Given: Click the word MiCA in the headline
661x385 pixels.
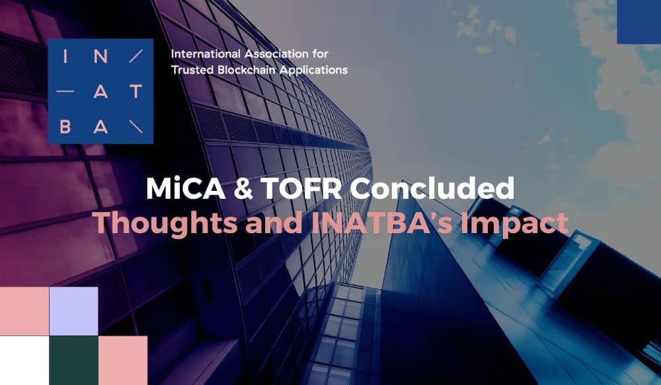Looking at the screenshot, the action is pos(186,188).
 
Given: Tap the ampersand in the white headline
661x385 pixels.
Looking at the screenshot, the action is pos(243,188).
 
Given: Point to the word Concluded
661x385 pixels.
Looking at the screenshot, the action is pos(432,188).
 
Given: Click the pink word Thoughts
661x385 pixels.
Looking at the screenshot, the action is pos(165,224).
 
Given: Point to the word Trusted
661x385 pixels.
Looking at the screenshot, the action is pos(192,70).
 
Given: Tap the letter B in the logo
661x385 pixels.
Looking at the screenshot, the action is pos(65,126).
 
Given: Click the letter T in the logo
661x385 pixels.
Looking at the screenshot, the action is pos(136,91).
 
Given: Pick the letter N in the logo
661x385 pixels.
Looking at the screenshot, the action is pos(100,56).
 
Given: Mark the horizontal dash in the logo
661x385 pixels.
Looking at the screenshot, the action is pos(65,91).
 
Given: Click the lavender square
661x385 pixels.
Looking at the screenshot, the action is pos(74,311).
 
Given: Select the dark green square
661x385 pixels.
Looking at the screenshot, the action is pos(74,360).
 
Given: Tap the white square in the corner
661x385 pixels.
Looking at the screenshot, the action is pos(24,360).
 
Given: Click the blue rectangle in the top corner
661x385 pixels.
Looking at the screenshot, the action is pos(639,22).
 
